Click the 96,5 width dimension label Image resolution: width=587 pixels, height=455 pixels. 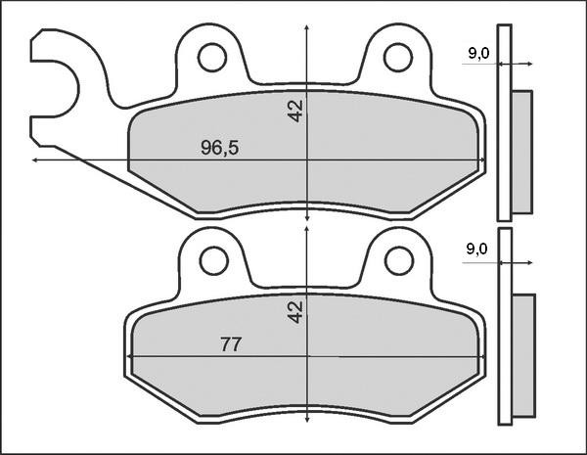[x=220, y=149]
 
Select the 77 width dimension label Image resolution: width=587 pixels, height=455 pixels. [x=231, y=344]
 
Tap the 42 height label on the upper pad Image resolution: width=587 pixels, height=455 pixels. [x=296, y=111]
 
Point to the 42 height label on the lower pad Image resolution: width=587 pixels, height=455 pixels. [x=296, y=312]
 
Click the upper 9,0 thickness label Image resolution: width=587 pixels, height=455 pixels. [x=478, y=54]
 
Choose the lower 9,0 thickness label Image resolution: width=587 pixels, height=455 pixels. [x=477, y=250]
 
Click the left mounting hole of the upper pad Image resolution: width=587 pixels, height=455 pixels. [x=210, y=58]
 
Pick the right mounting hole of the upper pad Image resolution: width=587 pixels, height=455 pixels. [x=397, y=58]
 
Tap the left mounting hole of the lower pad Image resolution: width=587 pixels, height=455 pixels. [x=211, y=259]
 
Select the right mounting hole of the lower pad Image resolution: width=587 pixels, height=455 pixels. [x=397, y=260]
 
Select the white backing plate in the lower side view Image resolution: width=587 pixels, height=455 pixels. [x=504, y=327]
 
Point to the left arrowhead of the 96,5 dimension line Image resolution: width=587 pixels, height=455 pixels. [x=36, y=159]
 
